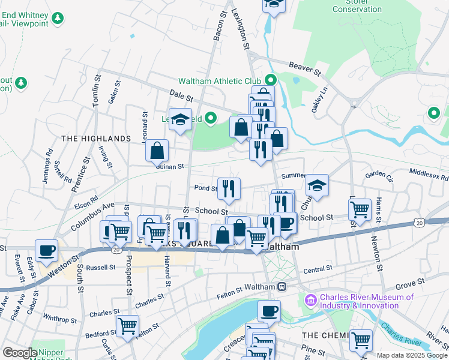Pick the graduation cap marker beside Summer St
(x=317, y=185)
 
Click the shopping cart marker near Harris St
(x=360, y=210)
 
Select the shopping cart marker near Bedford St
(x=127, y=326)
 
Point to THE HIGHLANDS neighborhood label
(x=96, y=139)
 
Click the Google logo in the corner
(x=19, y=353)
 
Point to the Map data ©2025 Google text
(x=411, y=355)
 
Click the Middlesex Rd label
(x=429, y=174)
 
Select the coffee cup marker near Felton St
(x=269, y=311)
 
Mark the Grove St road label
(x=410, y=280)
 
